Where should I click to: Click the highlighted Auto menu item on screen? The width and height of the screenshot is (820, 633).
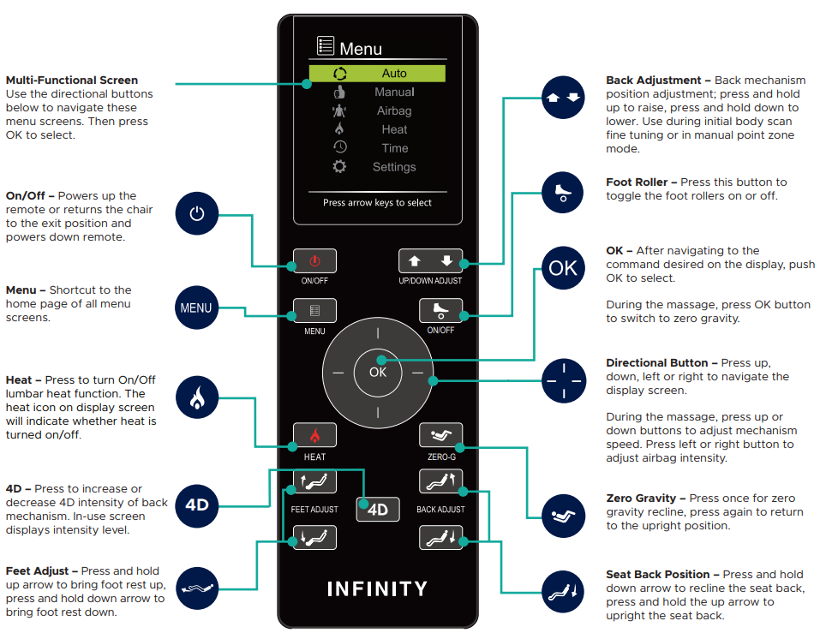tap(377, 74)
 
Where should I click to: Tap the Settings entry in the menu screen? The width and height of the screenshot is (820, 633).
tap(393, 167)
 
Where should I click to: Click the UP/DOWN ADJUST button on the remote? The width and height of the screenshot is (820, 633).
tap(430, 260)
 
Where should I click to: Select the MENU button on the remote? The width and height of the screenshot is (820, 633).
tap(314, 311)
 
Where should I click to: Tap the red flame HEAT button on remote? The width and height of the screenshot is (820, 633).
tap(314, 435)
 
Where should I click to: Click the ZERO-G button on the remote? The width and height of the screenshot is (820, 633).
tap(441, 435)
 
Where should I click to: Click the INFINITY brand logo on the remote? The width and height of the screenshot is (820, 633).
tap(377, 589)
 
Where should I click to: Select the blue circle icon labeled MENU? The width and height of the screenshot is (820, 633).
tap(196, 308)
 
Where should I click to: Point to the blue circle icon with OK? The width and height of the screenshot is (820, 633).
tap(563, 268)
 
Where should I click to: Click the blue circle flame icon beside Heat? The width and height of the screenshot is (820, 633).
tap(196, 399)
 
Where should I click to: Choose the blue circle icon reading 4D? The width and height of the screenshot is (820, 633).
tap(196, 505)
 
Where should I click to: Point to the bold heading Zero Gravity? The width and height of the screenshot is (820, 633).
tap(646, 499)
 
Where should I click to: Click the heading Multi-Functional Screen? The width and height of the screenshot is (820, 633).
tap(71, 81)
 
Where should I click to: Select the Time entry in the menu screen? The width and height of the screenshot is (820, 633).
tap(394, 148)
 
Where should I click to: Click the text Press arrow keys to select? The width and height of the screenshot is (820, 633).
tap(377, 203)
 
